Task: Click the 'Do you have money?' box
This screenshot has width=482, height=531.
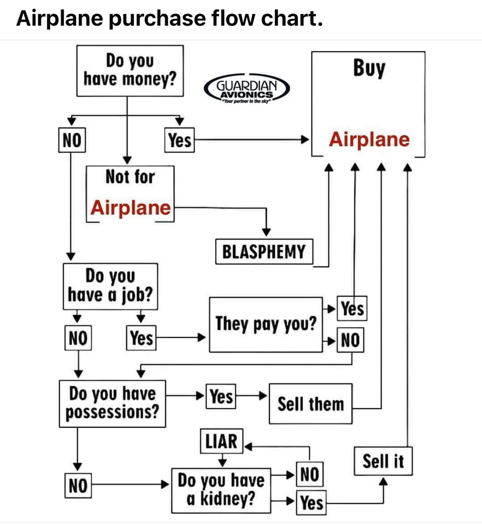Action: (130, 71)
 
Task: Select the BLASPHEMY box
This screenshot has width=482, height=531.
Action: (264, 252)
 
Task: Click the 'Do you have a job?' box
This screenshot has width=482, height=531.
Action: (110, 286)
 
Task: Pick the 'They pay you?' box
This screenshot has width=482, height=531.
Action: (266, 324)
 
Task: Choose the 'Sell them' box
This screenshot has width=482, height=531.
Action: (311, 404)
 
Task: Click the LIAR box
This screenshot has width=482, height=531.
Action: (222, 441)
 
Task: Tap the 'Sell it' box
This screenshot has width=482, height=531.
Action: (383, 461)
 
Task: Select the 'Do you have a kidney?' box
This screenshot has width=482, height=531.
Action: (221, 490)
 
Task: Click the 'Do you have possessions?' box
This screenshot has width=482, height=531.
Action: (112, 404)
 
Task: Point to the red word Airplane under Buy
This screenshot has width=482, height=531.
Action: (369, 139)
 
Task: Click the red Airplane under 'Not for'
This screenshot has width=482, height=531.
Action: (131, 207)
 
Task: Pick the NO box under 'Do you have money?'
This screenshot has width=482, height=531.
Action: (72, 140)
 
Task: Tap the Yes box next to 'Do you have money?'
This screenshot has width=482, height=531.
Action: (179, 140)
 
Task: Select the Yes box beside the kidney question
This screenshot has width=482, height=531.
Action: (311, 503)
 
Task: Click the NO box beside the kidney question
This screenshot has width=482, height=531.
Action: (309, 474)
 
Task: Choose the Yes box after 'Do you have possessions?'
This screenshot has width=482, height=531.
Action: (221, 397)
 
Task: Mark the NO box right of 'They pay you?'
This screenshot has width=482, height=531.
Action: (350, 340)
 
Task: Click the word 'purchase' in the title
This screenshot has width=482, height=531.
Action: (157, 18)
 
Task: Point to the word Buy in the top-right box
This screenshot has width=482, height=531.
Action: (369, 68)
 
